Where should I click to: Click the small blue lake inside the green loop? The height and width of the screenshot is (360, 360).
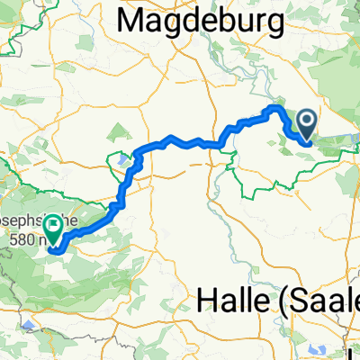(117, 161)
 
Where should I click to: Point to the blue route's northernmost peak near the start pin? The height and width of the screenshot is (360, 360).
(273, 108)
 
